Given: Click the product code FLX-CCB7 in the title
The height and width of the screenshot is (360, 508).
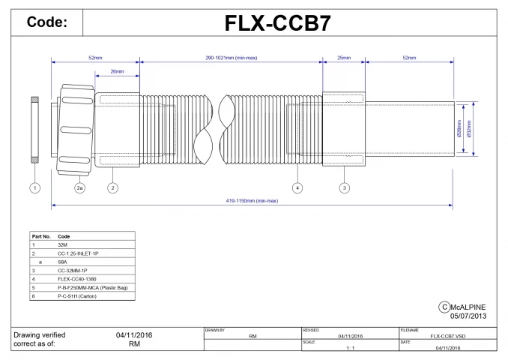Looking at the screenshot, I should pyautogui.click(x=279, y=23).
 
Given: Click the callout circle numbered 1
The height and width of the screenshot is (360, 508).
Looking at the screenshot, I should pyautogui.click(x=35, y=187).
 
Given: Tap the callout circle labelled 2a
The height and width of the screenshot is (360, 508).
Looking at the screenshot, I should pyautogui.click(x=80, y=187).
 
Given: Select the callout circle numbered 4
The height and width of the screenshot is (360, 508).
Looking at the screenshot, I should pyautogui.click(x=297, y=187).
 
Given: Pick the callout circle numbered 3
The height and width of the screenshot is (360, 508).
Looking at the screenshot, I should pyautogui.click(x=344, y=187).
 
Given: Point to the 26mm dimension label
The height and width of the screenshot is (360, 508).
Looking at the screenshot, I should pyautogui.click(x=117, y=72).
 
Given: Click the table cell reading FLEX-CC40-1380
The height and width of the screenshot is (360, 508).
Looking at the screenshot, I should pyautogui.click(x=78, y=279).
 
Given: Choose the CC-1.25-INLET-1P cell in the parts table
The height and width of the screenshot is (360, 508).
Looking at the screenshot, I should pyautogui.click(x=78, y=253).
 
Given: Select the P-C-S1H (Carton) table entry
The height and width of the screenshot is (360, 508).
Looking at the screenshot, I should pyautogui.click(x=77, y=296).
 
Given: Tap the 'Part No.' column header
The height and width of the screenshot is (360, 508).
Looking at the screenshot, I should pyautogui.click(x=41, y=236).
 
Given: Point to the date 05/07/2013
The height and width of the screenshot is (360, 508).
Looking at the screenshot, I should pyautogui.click(x=469, y=316).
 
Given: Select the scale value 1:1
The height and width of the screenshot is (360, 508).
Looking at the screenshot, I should pyautogui.click(x=349, y=348).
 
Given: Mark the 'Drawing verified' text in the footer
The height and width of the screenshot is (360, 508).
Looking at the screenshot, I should pyautogui.click(x=40, y=334).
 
